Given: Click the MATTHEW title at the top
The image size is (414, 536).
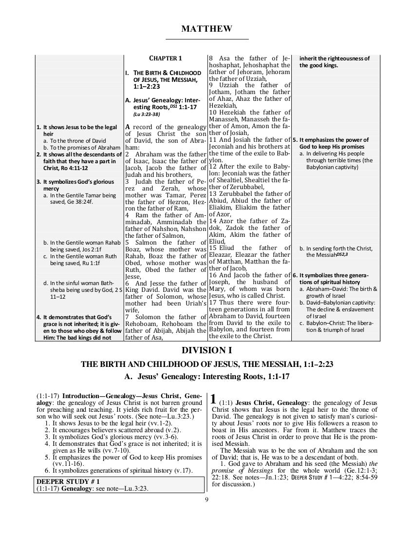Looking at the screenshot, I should click(207, 29).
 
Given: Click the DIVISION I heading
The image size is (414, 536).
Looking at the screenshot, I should click(207, 350).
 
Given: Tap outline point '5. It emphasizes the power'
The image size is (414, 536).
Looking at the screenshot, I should click(331, 140).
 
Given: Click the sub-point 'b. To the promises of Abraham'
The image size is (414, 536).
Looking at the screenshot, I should click(81, 148).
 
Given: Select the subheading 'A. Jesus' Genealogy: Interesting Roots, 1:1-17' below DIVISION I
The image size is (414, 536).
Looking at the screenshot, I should click(207, 376).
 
